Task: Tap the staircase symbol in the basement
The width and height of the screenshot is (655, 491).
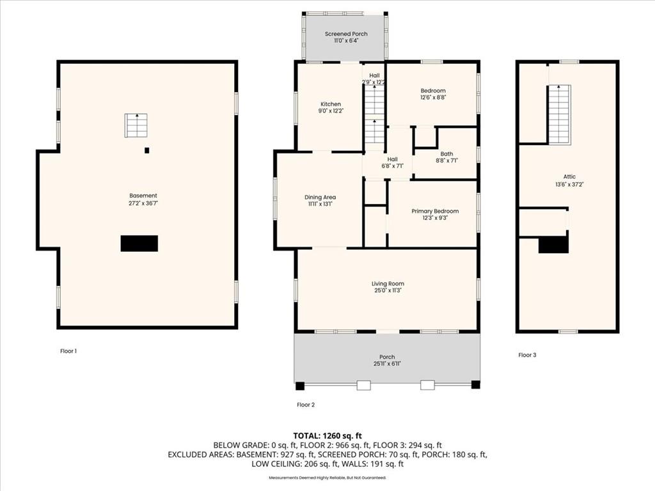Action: tap(136, 125)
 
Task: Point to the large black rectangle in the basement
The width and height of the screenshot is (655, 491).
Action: tap(139, 244)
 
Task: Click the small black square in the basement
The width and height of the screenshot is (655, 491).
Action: tap(146, 150)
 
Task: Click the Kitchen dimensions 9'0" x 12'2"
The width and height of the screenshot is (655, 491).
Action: tap(331, 111)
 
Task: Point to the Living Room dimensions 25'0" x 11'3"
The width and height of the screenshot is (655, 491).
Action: tap(388, 291)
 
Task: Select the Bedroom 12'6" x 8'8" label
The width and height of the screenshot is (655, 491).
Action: tap(433, 94)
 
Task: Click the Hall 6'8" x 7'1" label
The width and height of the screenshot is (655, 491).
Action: tap(392, 162)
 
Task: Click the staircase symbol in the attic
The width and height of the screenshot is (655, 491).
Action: tap(559, 114)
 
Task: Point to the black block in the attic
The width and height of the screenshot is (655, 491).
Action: tap(553, 245)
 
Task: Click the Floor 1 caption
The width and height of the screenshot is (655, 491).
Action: tap(68, 351)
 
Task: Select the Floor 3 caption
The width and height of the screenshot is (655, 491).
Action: tap(527, 355)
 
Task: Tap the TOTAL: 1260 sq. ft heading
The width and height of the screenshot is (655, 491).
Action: tap(327, 436)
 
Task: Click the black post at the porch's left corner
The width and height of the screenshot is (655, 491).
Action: tap(300, 386)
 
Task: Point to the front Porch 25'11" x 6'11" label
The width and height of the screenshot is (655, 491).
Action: tap(387, 361)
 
